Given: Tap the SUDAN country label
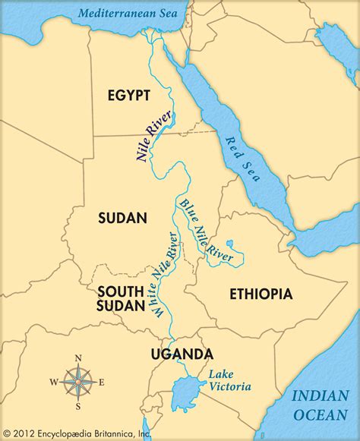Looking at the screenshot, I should coord(122,219).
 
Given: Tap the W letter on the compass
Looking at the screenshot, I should coord(53,381).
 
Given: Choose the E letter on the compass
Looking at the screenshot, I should coord(102,381).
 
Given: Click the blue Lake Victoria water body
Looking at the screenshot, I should coord(186,395).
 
